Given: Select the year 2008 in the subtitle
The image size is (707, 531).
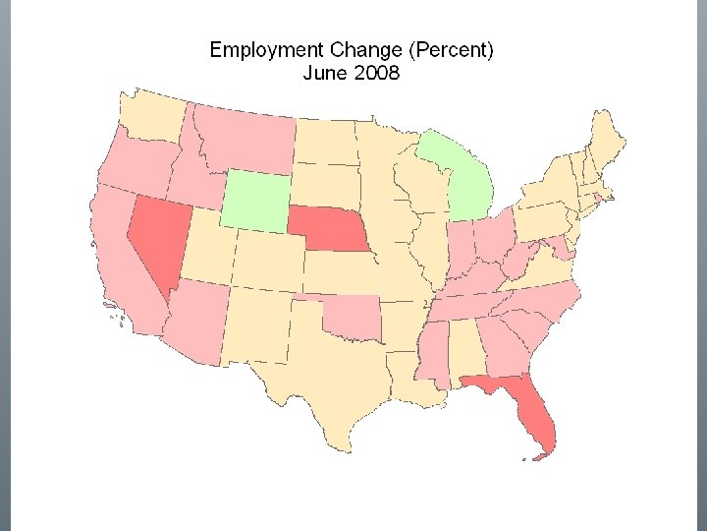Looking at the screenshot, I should click(376, 73).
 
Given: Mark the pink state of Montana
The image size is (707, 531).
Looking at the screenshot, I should click(245, 138).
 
